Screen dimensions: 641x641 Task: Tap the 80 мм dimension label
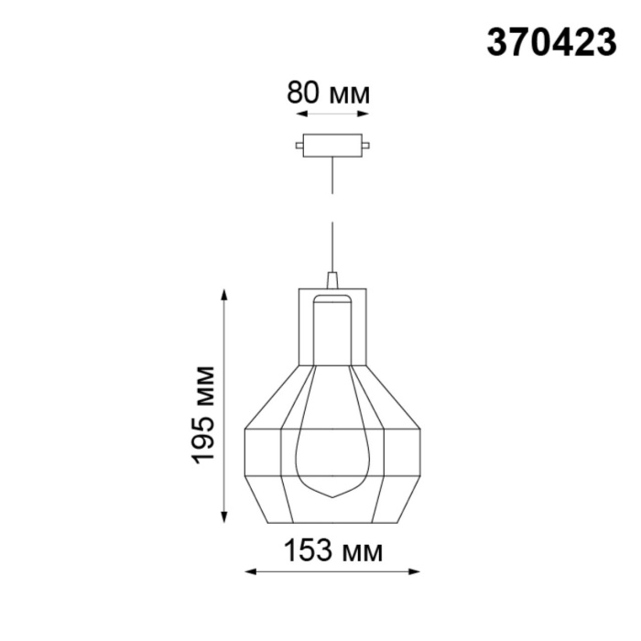tap(330, 93)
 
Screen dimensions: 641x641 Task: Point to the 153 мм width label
tap(332, 552)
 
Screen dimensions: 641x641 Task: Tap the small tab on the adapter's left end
tap(301, 145)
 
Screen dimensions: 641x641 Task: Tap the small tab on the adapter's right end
tap(366, 145)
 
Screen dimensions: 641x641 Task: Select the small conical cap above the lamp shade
tap(332, 278)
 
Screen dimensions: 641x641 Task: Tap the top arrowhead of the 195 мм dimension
tap(223, 296)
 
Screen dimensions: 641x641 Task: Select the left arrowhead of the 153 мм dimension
tap(249, 573)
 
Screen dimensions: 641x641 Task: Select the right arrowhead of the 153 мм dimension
tap(415, 573)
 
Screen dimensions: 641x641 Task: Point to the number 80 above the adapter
tap(304, 93)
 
